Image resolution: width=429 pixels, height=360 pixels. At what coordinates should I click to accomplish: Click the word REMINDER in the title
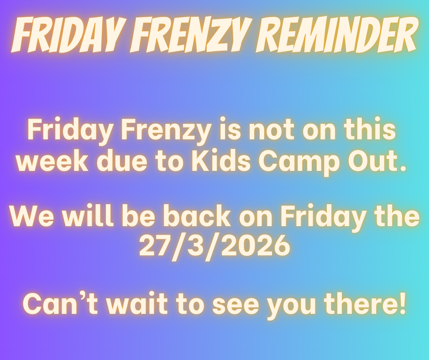coord(336,35)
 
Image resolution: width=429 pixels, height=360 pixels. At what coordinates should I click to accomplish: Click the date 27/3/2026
coord(214,245)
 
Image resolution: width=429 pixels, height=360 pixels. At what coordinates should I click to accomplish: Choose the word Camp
coord(299,163)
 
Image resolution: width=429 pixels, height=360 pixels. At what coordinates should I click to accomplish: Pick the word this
coord(370,129)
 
